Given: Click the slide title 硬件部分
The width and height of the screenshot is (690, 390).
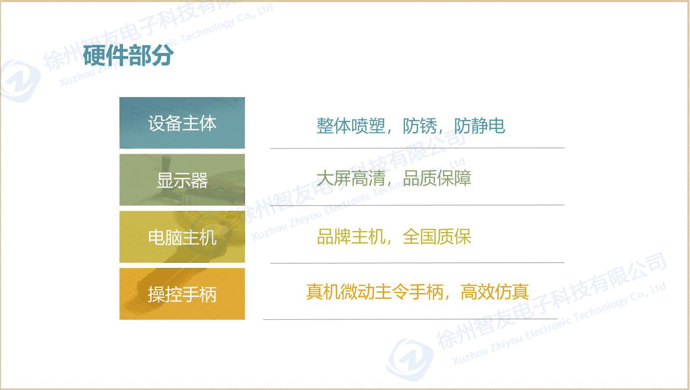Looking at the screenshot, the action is (x=128, y=55).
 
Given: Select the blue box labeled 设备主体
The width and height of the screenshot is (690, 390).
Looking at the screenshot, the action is (x=182, y=123).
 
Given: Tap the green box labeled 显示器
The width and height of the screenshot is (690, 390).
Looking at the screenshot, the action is (x=182, y=180).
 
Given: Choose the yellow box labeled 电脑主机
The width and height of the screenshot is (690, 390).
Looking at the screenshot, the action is (x=182, y=237).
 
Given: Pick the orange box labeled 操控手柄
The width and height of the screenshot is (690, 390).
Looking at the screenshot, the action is (x=182, y=293).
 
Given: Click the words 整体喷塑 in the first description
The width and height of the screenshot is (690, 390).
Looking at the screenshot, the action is (x=351, y=126).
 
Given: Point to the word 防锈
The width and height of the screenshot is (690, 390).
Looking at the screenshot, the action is (x=420, y=126).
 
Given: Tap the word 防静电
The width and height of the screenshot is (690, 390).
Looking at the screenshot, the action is (x=480, y=126).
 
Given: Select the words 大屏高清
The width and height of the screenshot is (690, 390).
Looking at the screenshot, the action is (x=351, y=178).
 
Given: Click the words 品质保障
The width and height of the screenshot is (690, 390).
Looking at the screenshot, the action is (x=437, y=178).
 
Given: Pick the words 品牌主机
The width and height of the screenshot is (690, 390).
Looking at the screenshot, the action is (x=351, y=237).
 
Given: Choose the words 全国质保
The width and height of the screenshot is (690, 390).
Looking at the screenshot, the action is (x=437, y=237).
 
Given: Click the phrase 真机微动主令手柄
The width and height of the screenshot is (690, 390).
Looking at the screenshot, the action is (x=374, y=292).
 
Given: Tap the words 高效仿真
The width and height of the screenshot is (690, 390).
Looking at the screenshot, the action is (x=495, y=292).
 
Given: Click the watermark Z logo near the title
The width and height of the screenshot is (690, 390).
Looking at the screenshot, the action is (x=20, y=80).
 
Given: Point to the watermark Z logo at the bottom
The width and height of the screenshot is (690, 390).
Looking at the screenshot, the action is (x=410, y=359).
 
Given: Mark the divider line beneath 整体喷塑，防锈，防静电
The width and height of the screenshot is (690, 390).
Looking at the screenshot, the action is (x=417, y=148).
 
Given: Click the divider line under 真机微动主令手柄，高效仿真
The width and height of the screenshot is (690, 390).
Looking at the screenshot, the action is (x=410, y=319).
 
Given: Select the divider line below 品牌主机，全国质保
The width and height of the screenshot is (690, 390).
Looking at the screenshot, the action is (x=417, y=263).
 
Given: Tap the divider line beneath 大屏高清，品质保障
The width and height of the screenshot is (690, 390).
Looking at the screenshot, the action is (x=417, y=205).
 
